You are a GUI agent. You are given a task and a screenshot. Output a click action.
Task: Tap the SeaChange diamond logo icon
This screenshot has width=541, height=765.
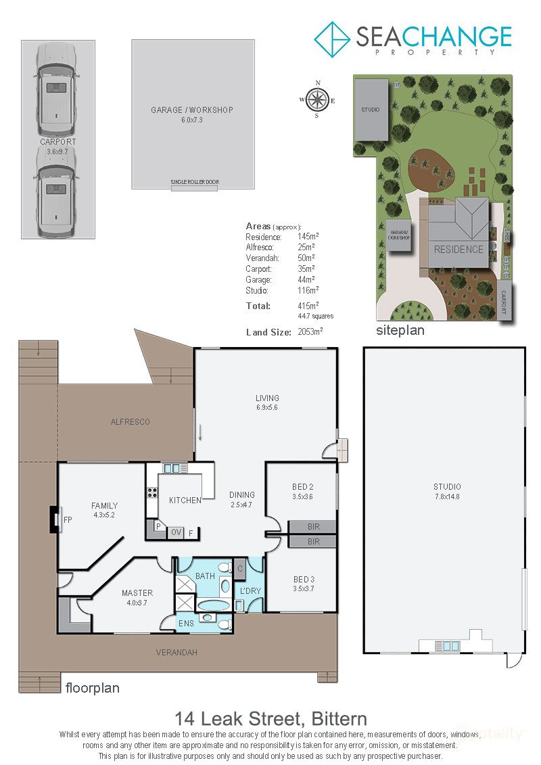tap(332, 39)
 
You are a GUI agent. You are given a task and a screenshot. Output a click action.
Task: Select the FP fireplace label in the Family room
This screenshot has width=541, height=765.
tap(67, 519)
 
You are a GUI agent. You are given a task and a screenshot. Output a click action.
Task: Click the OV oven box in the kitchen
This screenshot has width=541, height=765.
tap(175, 532)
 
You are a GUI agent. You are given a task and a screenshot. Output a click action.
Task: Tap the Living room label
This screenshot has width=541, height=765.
tap(267, 398)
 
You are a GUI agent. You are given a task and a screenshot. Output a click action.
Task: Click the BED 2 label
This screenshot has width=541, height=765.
tap(302, 487)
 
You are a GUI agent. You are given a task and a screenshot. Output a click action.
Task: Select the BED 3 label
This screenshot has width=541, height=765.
tap(303, 579)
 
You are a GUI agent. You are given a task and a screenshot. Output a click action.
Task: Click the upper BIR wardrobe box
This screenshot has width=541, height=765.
tap(312, 527)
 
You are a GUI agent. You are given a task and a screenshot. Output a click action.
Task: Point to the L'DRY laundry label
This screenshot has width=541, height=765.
tap(250, 590)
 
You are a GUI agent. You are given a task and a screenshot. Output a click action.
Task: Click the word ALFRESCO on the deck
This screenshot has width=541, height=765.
tap(130, 422)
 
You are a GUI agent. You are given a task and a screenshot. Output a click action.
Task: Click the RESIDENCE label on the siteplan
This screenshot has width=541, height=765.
tap(458, 249)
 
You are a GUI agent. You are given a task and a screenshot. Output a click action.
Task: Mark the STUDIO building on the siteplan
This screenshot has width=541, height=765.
tap(371, 110)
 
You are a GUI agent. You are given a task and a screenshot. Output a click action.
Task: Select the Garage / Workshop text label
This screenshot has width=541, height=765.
tap(193, 110)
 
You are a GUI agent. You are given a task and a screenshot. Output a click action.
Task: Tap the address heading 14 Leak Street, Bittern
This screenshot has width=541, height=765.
tap(270, 718)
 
